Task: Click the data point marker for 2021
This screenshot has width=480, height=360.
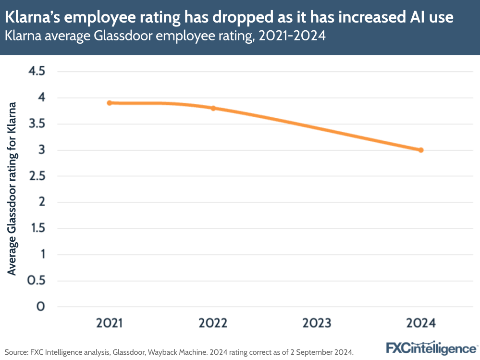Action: pyautogui.click(x=110, y=103)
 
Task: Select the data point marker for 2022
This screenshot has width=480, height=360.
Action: pyautogui.click(x=213, y=108)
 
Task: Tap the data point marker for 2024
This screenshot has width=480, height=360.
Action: pyautogui.click(x=421, y=150)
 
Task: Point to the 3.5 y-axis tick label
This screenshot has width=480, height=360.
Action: pyautogui.click(x=37, y=124)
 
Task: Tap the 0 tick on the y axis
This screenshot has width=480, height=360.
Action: pyautogui.click(x=41, y=307)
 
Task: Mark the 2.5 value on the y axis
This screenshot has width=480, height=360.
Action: pyautogui.click(x=37, y=176)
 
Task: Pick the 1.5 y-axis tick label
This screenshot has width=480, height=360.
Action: pyautogui.click(x=37, y=228)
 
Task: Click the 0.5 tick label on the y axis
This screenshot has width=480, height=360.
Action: pyautogui.click(x=37, y=281)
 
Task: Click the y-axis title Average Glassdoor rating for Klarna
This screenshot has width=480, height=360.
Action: pyautogui.click(x=12, y=189)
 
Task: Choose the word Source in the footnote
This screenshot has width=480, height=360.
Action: pyautogui.click(x=15, y=351)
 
